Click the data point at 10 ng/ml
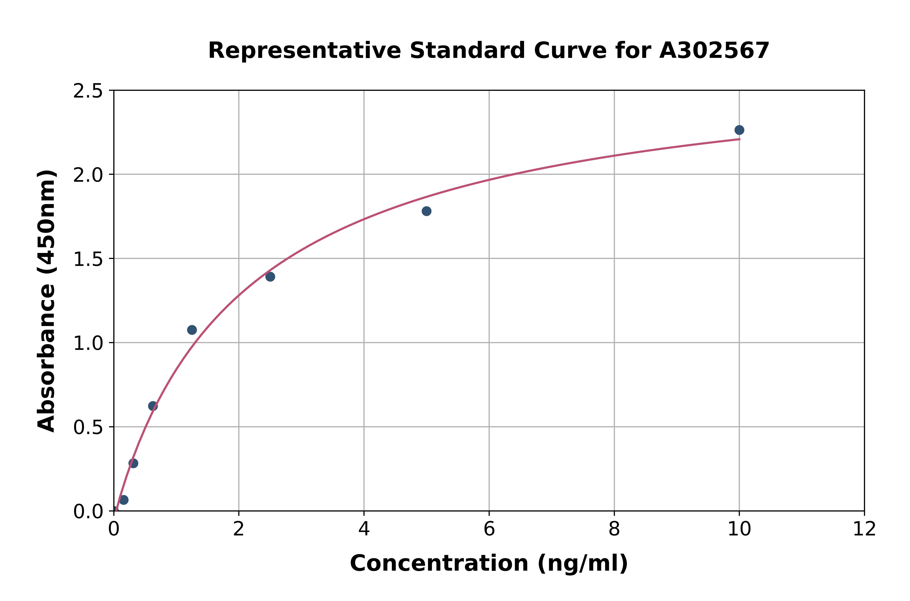pos(739,130)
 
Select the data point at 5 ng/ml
pos(426,211)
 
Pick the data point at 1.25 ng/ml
pos(192,330)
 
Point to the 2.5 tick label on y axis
pos(88,91)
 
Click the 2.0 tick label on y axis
pos(88,175)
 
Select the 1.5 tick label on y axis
pos(88,259)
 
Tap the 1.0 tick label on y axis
pos(88,343)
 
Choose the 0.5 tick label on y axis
pos(88,427)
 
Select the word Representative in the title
pos(305,51)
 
